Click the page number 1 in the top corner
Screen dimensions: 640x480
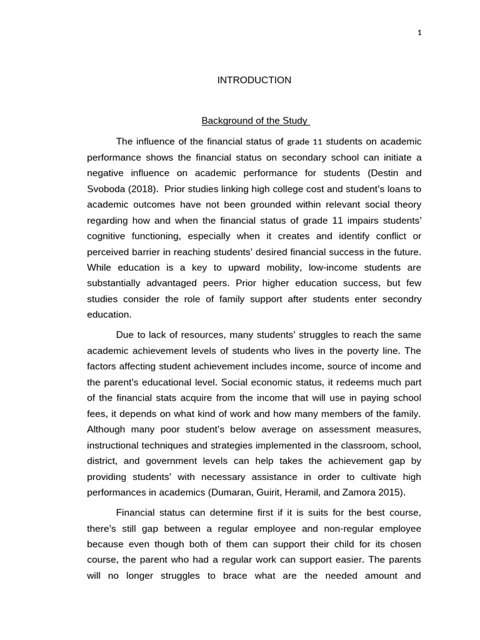click(x=420, y=33)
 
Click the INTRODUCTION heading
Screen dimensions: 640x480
click(x=254, y=80)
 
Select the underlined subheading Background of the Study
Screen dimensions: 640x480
click(x=255, y=121)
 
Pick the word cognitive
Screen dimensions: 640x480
click(x=106, y=236)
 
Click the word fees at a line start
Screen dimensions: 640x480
click(x=96, y=414)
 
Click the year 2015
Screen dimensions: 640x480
click(x=391, y=492)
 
